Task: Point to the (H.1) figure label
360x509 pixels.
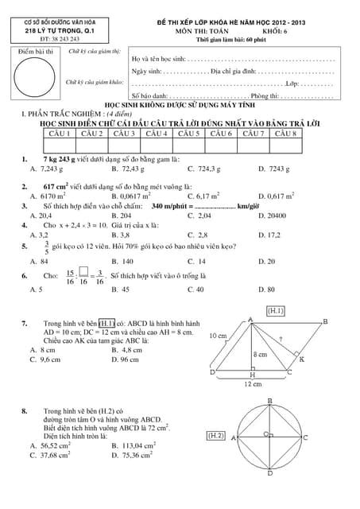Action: [x=276, y=309]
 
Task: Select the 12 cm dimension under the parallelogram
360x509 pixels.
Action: [x=253, y=383]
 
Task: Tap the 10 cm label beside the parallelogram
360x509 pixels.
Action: [x=218, y=336]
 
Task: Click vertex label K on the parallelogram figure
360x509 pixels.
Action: [x=302, y=359]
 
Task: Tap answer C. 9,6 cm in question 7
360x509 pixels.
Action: [x=45, y=359]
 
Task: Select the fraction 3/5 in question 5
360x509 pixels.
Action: [x=36, y=248]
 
